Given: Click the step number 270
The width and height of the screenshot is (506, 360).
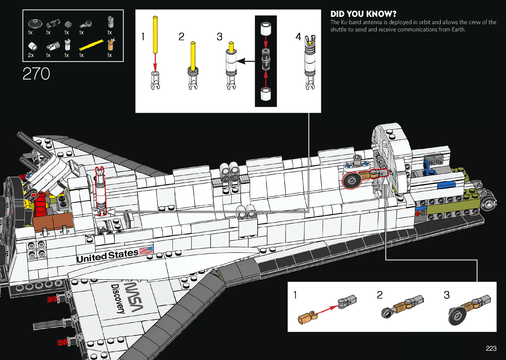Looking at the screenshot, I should click(36, 74).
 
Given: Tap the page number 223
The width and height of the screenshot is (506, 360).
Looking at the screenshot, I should click(491, 348).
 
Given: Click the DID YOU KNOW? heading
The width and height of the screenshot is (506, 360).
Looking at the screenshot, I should click(363, 14).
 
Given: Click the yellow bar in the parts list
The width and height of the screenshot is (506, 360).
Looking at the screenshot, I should click(91, 45).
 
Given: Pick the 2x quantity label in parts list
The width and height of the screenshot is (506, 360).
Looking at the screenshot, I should click(31, 55).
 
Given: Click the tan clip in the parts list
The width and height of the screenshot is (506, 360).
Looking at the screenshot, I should click(110, 44).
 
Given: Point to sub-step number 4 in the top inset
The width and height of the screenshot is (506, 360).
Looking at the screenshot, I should click(298, 37).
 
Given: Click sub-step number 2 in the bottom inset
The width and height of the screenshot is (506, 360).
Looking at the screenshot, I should click(380, 295).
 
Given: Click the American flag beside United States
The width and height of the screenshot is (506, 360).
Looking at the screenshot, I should click(146, 251).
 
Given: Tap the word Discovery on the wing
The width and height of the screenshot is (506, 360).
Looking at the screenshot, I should click(118, 299).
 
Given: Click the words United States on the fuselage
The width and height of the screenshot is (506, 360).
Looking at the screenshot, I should click(107, 256).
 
